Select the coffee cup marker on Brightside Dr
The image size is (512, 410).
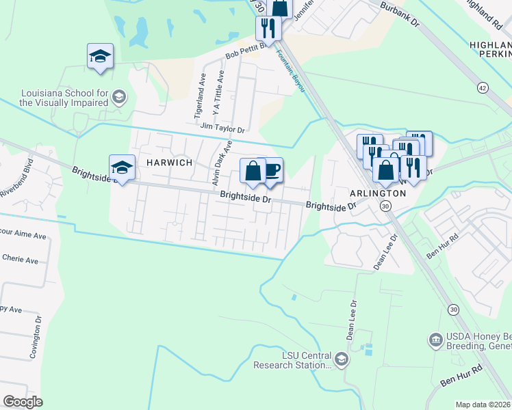tap(271, 170)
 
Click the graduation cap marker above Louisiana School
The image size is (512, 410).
tap(100, 57)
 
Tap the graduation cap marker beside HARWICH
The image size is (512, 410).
tap(122, 167)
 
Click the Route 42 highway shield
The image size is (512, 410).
tap(483, 88)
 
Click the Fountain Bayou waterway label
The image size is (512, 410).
tap(289, 72)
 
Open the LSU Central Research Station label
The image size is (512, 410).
tap(292, 360)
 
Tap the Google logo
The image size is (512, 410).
tap(23, 402)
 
